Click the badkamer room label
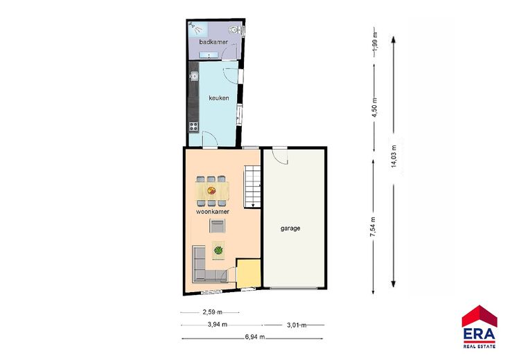coord(213,42)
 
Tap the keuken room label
coord(218,98)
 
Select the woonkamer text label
coord(213,212)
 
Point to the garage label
coord(290,228)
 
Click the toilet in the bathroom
coord(234,30)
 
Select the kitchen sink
coord(194,76)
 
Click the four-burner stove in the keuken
coord(194,126)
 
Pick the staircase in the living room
coord(252,187)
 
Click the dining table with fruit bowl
coord(212,191)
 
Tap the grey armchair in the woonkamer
coord(217,226)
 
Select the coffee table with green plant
coord(218,250)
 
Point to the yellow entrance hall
coord(249,273)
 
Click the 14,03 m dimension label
coord(394,156)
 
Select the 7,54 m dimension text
coord(373,226)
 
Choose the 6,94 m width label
coord(255,337)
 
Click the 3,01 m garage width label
coord(297,325)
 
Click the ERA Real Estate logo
coord(480,327)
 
